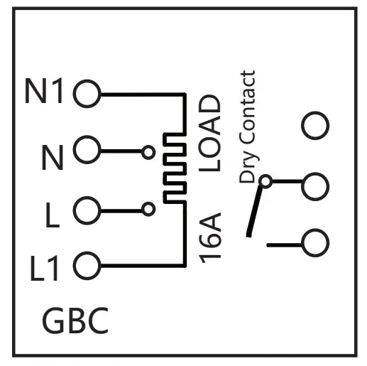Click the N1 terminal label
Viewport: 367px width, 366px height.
(44, 91)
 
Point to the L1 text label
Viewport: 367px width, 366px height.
(44, 268)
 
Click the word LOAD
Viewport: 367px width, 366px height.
(209, 133)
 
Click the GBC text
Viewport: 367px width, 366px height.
(75, 321)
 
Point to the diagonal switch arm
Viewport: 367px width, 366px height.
(254, 211)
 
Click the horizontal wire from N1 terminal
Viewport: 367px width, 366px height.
(143, 95)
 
